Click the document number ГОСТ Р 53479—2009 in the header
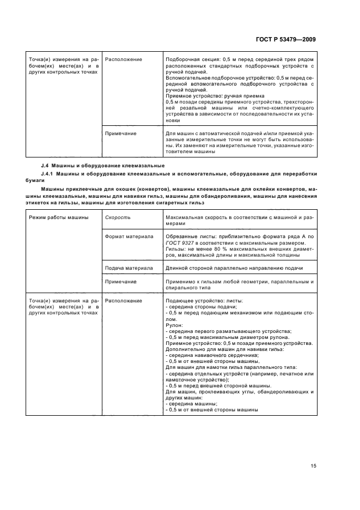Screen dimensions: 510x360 pos(285,39)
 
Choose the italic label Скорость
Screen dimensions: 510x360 pos(117,217)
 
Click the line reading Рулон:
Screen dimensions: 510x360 pos(173,325)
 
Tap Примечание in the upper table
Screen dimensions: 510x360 pos(121,133)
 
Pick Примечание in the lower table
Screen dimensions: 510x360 pos(121,282)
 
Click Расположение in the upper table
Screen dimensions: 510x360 pos(123,59)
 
